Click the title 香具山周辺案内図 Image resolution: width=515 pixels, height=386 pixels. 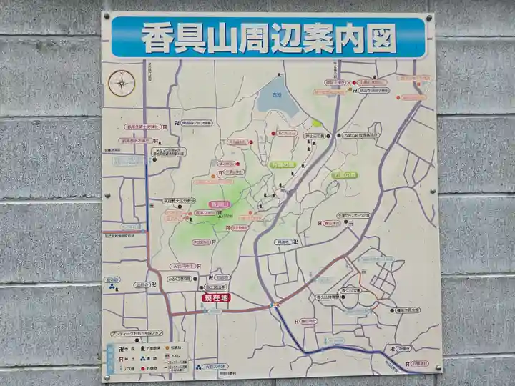coord(269,38)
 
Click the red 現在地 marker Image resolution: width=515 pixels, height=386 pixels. coord(214,297)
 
